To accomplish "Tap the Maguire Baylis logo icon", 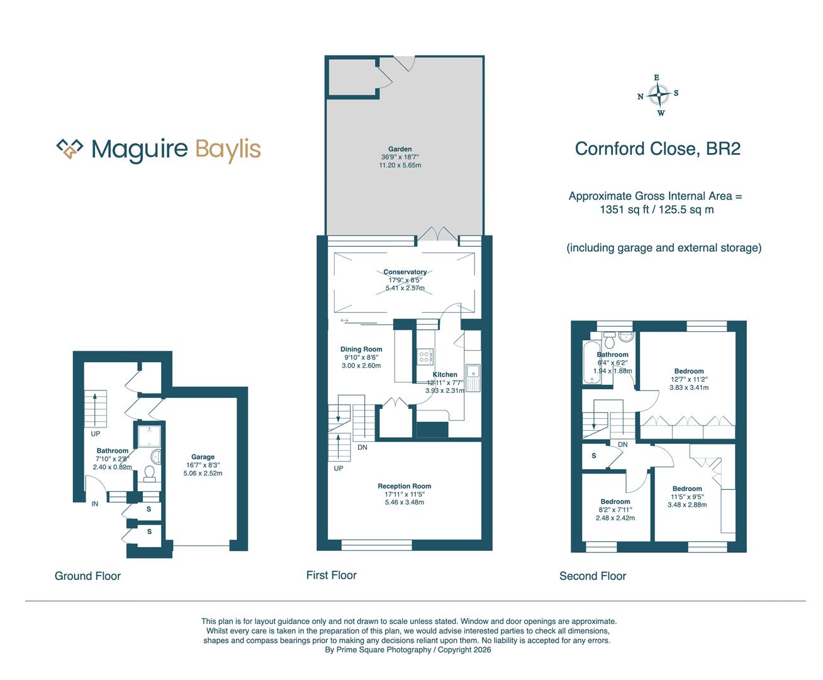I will [x=70, y=149].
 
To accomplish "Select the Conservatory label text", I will [x=405, y=272].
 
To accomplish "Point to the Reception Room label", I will [x=404, y=486].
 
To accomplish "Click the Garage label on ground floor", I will [x=203, y=457].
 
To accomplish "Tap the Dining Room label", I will [x=361, y=349].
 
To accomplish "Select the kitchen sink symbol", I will [x=473, y=376].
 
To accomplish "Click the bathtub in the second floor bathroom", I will [x=590, y=363].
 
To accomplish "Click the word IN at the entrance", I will [x=95, y=504].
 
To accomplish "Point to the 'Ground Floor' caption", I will [x=87, y=575].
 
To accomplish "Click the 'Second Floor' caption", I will [x=593, y=575].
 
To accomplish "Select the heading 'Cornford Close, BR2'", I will [x=658, y=149].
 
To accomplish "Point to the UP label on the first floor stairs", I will [x=339, y=468].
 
